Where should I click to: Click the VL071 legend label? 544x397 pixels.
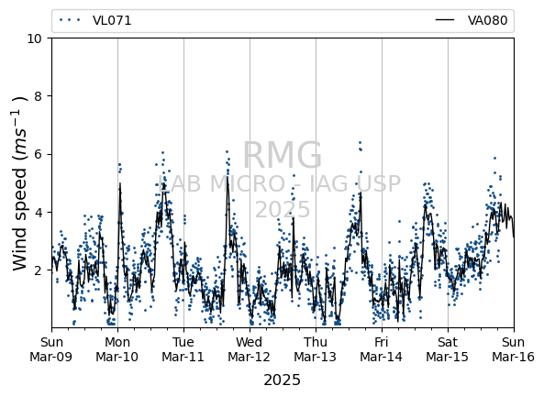coord(112,21)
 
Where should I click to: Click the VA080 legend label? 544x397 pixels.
coord(487,20)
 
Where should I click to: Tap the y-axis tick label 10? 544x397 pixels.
coord(34,39)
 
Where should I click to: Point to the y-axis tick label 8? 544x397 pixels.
coord(38,96)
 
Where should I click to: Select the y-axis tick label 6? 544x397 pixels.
coord(38,154)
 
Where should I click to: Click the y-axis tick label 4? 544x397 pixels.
coord(38,212)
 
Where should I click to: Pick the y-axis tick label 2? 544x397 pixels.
coord(38,270)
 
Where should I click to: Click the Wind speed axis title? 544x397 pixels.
coord(20,183)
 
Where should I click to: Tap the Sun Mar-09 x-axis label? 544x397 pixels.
coord(51,349)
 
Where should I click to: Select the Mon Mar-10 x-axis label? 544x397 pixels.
coord(117,349)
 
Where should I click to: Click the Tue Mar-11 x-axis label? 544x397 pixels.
coord(183,349)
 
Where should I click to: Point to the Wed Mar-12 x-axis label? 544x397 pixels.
coord(250,349)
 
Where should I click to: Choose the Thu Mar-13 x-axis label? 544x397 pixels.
coord(316,349)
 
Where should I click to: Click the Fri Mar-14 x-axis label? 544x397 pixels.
coord(382,349)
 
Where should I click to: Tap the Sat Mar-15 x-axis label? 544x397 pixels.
coord(447,349)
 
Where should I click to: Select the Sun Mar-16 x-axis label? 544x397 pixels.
coord(513,349)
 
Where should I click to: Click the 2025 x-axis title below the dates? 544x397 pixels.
coord(282,380)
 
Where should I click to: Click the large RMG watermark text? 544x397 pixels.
coord(282,155)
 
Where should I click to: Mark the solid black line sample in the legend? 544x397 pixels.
coord(445,20)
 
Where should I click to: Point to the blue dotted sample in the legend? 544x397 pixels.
coord(70,20)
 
